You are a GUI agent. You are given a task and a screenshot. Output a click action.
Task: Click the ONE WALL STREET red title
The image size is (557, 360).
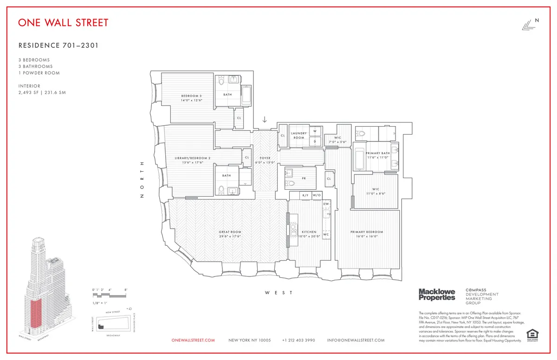[63, 22]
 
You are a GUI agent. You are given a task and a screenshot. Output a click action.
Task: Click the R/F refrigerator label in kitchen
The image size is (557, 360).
[305, 196]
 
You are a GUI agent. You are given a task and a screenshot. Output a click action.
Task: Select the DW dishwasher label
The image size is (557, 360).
[326, 204]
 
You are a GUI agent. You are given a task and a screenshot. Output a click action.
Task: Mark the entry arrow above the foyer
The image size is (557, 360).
[265, 120]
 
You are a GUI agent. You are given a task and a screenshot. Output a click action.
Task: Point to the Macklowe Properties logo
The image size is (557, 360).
[437, 294]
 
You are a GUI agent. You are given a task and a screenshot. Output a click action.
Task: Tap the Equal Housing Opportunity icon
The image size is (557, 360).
[532, 334]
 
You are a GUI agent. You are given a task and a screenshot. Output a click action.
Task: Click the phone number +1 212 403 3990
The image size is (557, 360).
[298, 340]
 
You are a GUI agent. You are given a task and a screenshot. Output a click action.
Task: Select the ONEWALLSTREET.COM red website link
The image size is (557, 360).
[193, 340]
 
